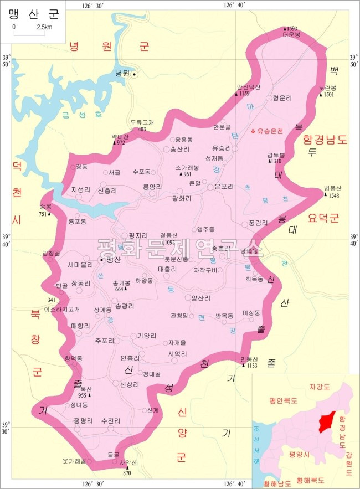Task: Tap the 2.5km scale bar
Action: pos(29,34)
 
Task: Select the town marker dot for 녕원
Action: pos(133,73)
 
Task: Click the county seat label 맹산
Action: pos(114,259)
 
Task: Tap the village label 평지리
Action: pos(137,235)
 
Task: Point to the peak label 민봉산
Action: pos(249,358)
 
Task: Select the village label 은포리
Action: pos(225,187)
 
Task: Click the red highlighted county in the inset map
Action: pos(327,423)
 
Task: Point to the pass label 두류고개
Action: pos(142,122)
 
